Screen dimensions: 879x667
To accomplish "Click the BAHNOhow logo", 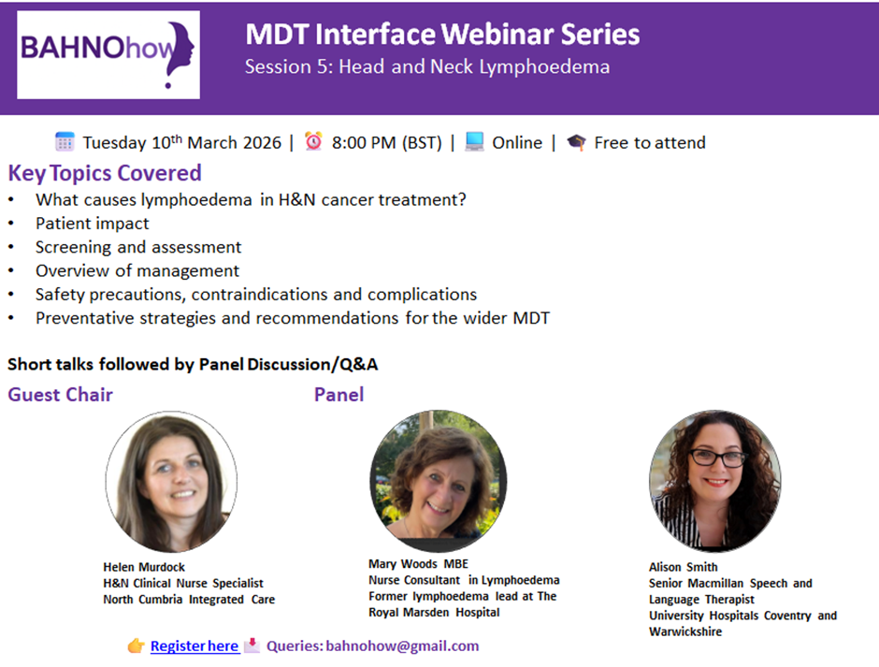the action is (x=108, y=55).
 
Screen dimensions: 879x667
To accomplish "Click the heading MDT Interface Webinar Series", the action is (x=442, y=35).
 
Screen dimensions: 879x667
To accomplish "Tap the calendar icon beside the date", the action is (x=65, y=142).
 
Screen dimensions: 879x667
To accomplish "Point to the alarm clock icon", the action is (x=313, y=141).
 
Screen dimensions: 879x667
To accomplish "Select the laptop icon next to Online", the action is (x=474, y=141).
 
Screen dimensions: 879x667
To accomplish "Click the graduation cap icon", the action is (x=576, y=142).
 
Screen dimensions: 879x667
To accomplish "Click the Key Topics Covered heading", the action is (x=105, y=173).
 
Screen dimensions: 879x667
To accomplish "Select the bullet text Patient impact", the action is (x=93, y=224).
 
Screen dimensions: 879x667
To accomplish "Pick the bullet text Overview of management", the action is (x=137, y=271).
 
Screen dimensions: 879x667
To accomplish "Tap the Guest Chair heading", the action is (x=61, y=395).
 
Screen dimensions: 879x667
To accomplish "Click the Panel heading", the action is (x=339, y=395).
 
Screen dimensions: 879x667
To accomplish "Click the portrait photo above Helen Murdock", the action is (x=171, y=482).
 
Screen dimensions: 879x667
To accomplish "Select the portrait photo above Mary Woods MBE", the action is (x=439, y=481).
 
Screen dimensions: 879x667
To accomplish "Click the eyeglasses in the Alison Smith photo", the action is (x=718, y=458).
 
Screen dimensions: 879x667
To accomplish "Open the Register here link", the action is (x=195, y=646).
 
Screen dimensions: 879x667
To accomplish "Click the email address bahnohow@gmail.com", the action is (x=402, y=646).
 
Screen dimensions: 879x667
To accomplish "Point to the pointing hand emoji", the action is (x=137, y=646).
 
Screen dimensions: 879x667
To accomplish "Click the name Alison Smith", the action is (x=684, y=567).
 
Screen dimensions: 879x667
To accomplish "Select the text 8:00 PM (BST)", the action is (x=387, y=142).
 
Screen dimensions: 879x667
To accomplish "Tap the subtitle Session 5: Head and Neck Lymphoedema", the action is (x=427, y=66).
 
